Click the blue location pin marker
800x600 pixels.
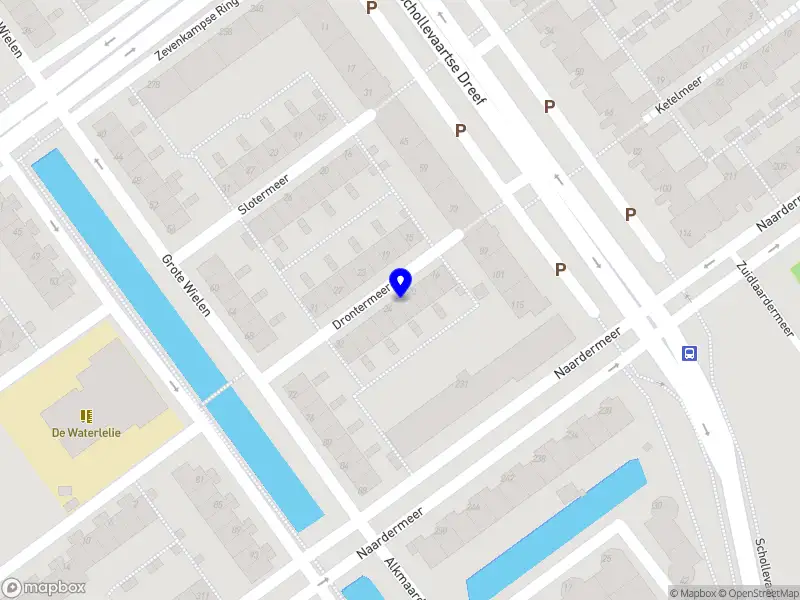click(x=401, y=283)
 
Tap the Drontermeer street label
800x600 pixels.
click(x=361, y=304)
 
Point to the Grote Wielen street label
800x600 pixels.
click(x=186, y=285)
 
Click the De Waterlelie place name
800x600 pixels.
click(x=86, y=433)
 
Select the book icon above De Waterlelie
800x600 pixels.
click(x=86, y=415)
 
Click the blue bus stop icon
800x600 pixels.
click(x=689, y=352)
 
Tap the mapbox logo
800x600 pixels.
click(x=44, y=587)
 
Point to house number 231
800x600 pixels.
click(x=461, y=384)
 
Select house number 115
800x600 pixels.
click(x=517, y=305)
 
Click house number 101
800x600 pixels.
click(x=499, y=274)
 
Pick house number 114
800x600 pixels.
click(x=684, y=234)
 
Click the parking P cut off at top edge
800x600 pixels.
click(x=372, y=8)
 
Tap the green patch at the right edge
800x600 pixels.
click(x=795, y=270)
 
